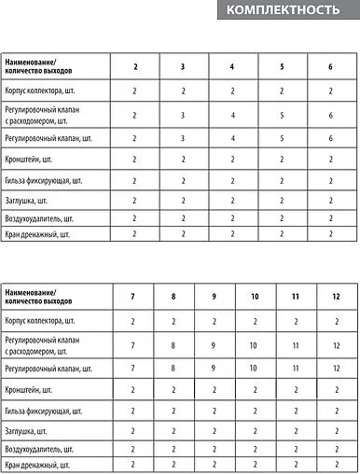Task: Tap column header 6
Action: (x=331, y=66)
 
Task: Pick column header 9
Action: (x=214, y=296)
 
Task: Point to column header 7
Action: (x=133, y=296)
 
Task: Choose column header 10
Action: (x=255, y=296)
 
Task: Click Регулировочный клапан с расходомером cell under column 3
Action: (x=184, y=114)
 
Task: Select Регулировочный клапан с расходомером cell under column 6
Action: (x=331, y=114)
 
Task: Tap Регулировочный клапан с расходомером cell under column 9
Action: (x=214, y=345)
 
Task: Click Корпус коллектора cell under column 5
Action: (x=282, y=91)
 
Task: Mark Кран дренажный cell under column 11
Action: (x=296, y=464)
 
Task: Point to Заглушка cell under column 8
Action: (x=173, y=431)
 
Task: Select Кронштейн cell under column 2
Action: (x=134, y=160)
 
